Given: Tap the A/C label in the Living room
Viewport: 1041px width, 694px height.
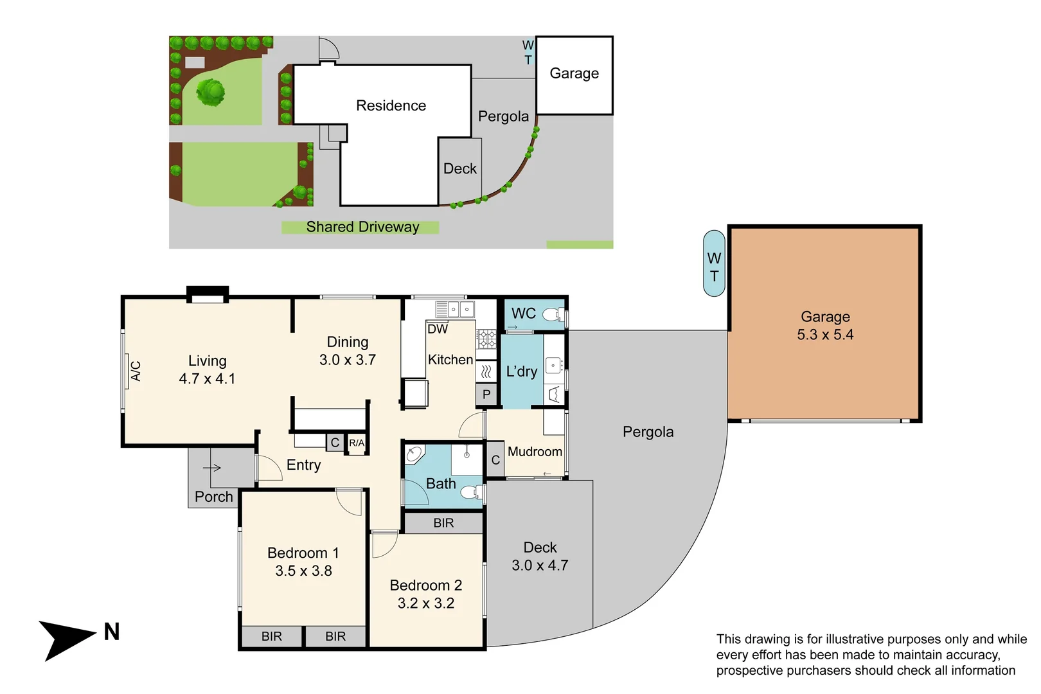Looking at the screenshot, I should click(136, 371).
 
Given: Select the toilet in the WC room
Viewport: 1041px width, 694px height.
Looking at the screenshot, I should click(552, 314).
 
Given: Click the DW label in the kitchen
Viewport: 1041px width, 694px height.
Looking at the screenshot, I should click(438, 329).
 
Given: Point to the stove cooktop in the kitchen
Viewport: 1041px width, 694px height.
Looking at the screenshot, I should click(486, 339).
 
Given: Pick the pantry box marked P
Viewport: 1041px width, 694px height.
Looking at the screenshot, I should click(486, 394).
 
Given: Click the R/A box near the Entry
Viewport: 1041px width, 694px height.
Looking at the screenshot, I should click(357, 443).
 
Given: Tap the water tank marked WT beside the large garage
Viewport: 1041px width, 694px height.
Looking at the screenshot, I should click(714, 263).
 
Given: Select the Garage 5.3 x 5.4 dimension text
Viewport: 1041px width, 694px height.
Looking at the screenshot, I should click(825, 335).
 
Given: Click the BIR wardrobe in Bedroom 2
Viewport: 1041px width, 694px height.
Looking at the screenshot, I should click(443, 523).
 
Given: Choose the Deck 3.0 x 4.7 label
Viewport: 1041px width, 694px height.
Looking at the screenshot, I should click(540, 556).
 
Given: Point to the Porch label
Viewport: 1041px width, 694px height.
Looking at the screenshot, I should click(214, 497).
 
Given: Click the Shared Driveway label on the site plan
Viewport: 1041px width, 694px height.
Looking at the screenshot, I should click(362, 227).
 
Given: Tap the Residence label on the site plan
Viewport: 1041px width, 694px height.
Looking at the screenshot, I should click(391, 105).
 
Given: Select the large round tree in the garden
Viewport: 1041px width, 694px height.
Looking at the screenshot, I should click(211, 92).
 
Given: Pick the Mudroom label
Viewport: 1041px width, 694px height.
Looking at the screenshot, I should click(535, 452).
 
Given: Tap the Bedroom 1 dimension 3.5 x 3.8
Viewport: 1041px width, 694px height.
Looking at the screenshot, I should click(303, 571).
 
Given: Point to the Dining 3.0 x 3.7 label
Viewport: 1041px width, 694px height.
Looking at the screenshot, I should click(348, 351).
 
